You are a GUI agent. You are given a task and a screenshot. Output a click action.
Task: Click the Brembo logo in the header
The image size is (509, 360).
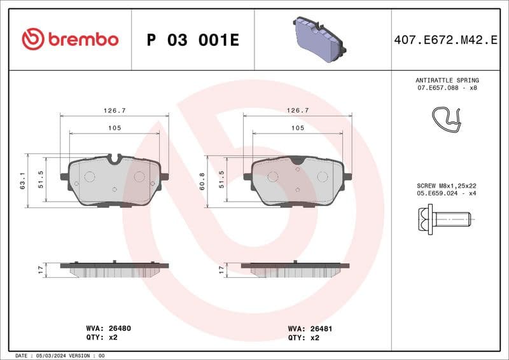(x=70, y=39)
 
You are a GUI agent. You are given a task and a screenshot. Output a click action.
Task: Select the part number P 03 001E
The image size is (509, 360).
(x=192, y=40)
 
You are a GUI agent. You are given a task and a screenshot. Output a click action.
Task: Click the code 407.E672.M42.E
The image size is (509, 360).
(x=445, y=40)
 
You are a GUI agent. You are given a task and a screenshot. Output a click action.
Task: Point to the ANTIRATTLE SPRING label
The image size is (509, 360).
(x=447, y=80)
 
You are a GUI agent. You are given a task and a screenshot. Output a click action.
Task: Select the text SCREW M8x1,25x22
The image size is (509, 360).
(x=447, y=185)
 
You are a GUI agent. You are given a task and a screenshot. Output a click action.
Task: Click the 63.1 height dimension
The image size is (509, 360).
(x=23, y=180)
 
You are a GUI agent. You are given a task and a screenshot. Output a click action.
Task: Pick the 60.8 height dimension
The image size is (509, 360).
(x=202, y=180)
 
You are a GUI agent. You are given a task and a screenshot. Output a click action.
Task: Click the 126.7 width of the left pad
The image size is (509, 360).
(x=115, y=110)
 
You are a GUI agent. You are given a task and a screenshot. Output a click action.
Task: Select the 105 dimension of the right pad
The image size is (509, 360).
(x=297, y=128)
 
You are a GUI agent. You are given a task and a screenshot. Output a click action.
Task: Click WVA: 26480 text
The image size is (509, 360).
(x=108, y=328)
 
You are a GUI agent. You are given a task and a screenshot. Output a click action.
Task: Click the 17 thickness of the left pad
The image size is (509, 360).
(x=41, y=270)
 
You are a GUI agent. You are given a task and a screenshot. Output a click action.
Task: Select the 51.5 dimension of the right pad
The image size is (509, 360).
(x=222, y=180)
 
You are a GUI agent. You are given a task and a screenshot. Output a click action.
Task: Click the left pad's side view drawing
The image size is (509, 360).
(x=115, y=270)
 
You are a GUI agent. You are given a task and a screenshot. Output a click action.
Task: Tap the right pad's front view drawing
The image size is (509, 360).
(x=298, y=181)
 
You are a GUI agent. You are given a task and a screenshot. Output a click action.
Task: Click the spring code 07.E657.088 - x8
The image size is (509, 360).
(x=447, y=88)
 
